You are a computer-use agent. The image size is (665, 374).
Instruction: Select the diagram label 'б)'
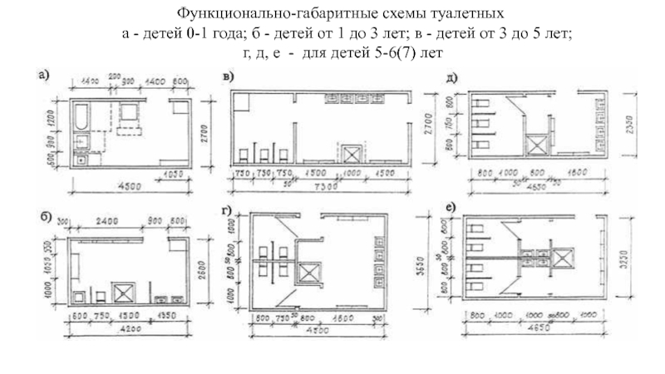click(x=47, y=219)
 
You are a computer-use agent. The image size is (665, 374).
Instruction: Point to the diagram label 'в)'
click(x=229, y=77)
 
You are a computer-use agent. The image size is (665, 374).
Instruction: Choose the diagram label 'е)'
click(x=450, y=207)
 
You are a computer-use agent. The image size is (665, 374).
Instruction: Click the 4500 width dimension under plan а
click(x=124, y=185)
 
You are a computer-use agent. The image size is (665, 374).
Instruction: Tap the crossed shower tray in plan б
click(x=125, y=292)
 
